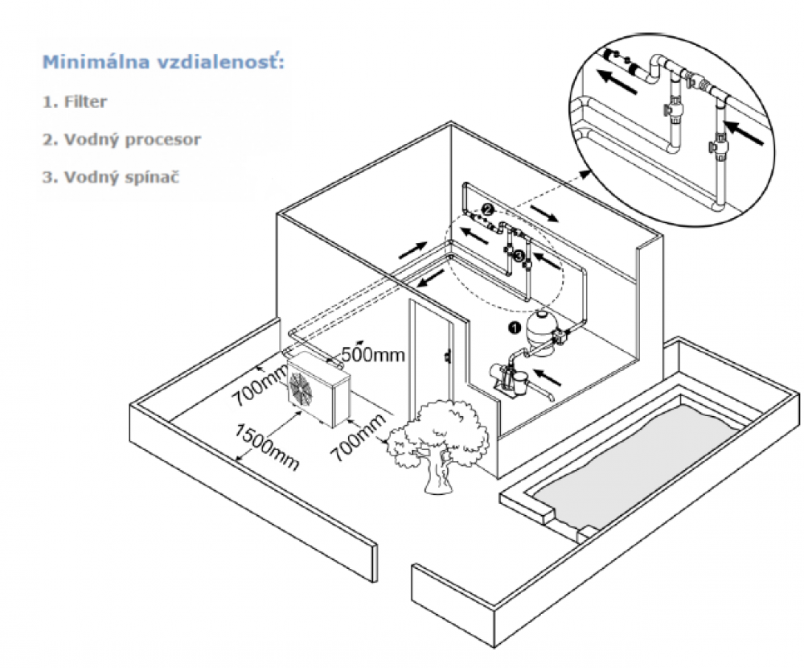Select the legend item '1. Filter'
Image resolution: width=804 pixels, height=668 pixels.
point(75,102)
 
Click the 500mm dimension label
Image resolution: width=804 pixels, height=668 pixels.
point(371,353)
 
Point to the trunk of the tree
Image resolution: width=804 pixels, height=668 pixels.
point(438,474)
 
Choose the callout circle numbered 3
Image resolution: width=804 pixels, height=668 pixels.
point(519,256)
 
